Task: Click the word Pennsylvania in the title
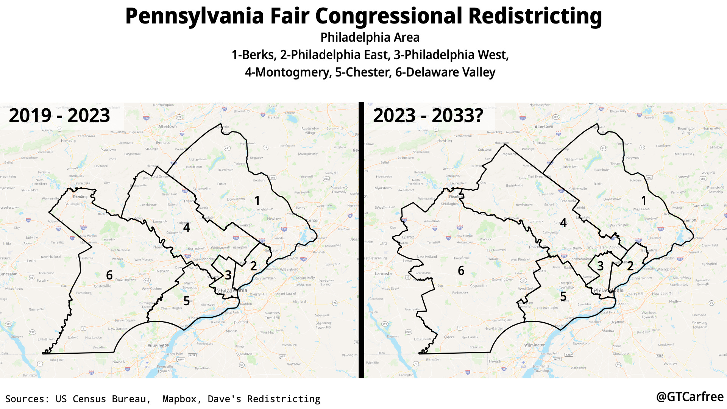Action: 194,16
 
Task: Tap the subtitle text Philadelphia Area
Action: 370,37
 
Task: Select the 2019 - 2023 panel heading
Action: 59,116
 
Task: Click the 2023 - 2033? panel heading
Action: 428,116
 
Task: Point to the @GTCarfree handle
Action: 690,397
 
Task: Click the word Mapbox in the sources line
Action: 180,399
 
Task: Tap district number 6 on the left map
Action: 109,275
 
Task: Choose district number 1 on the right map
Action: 644,200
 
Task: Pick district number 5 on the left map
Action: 186,301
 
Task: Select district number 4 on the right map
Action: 563,223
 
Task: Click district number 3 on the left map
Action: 228,275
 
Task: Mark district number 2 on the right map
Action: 630,266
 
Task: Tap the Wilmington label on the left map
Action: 158,345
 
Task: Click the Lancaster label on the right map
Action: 384,273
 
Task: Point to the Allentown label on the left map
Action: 167,126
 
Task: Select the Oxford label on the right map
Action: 449,337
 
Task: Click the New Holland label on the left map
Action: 51,257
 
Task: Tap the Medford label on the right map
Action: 676,301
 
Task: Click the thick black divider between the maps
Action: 361,240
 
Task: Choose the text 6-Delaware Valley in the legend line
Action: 445,72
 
